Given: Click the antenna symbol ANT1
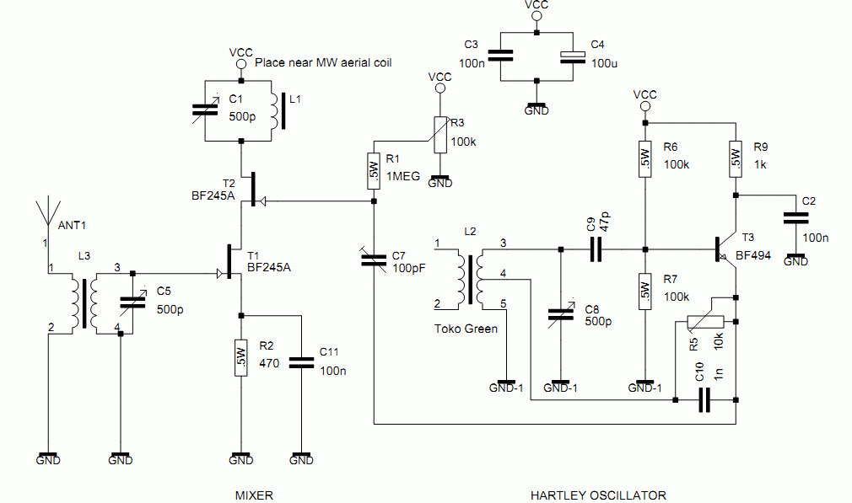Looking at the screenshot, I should (47, 210).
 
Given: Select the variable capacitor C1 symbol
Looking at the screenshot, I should (206, 110).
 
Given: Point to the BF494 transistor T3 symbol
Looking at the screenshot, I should (725, 249).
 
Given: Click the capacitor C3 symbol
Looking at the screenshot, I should (500, 56).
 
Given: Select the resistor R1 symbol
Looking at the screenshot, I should (373, 171).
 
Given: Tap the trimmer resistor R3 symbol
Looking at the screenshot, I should (439, 135).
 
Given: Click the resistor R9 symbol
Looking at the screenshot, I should (735, 158).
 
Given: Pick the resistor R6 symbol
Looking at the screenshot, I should (644, 158).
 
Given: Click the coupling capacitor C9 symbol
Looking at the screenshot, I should (596, 249).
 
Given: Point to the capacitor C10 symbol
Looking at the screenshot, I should (705, 402).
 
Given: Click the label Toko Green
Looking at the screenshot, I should (466, 329).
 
